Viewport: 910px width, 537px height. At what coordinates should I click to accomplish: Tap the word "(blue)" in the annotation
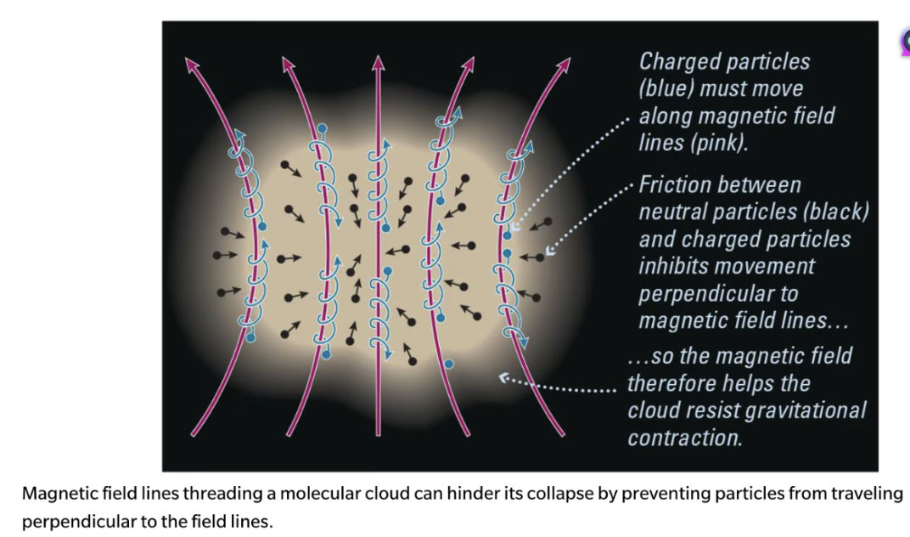coord(666,88)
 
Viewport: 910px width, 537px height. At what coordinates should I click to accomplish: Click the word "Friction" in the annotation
coord(677,185)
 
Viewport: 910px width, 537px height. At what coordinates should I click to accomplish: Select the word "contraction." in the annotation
coord(684,438)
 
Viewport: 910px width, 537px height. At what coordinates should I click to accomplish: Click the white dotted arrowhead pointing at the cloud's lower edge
coord(504,377)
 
